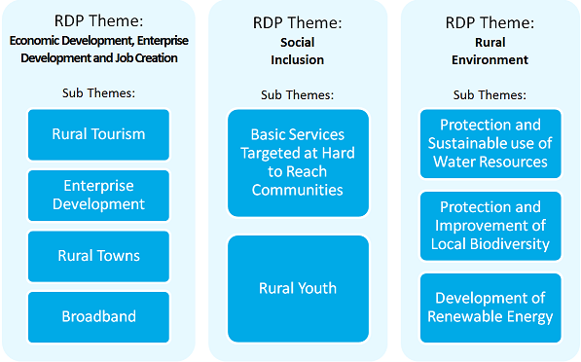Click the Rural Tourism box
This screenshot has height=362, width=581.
98,134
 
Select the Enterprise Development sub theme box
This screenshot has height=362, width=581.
98,195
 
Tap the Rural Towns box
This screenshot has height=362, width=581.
98,256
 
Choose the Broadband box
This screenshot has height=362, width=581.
98,316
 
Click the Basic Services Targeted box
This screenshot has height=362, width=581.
297,162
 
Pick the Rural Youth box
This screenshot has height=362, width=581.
297,288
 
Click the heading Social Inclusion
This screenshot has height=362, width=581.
297,52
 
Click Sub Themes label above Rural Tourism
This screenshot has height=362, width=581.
98,92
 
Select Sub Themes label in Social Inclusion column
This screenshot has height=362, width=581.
297,94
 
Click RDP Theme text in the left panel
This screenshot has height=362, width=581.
98,22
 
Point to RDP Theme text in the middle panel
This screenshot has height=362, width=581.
297,22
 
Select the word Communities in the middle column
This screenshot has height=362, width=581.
297,189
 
